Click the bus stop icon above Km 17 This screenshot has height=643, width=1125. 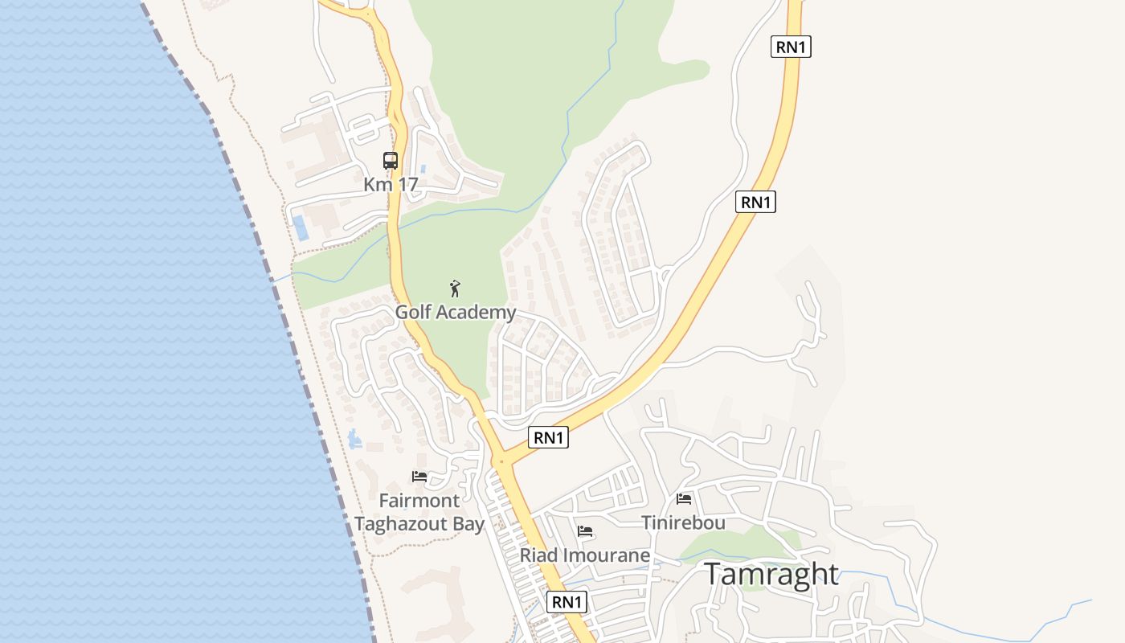pyautogui.click(x=391, y=160)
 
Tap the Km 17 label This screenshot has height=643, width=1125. pyautogui.click(x=391, y=184)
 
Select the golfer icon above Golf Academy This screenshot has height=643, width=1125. pyautogui.click(x=455, y=289)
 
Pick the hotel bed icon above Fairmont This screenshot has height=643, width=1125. pyautogui.click(x=419, y=476)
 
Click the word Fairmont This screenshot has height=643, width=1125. pyautogui.click(x=419, y=501)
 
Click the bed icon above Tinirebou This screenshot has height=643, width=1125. pyautogui.click(x=684, y=498)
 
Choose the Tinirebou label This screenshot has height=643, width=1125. pyautogui.click(x=684, y=522)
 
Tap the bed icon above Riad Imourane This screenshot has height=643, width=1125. pyautogui.click(x=585, y=530)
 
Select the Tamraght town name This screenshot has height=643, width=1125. pyautogui.click(x=771, y=574)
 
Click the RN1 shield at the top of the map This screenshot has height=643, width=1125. pyautogui.click(x=791, y=47)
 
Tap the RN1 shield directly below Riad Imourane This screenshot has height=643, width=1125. pyautogui.click(x=567, y=601)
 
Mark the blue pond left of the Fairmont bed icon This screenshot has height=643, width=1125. pyautogui.click(x=354, y=439)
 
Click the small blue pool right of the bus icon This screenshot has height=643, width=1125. pyautogui.click(x=423, y=171)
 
